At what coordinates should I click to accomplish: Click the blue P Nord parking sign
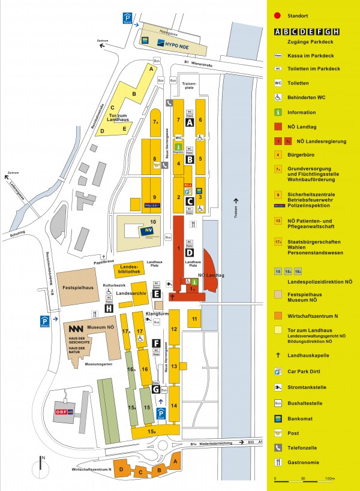tap(127, 19)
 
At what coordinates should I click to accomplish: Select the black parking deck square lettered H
tap(109, 308)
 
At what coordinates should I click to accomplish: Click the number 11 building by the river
tap(195, 318)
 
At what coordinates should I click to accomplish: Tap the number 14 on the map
tap(174, 405)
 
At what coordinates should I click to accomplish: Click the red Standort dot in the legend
tap(278, 15)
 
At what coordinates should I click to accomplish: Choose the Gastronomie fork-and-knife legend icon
tap(278, 462)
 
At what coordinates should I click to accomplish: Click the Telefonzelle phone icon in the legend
tap(278, 447)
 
